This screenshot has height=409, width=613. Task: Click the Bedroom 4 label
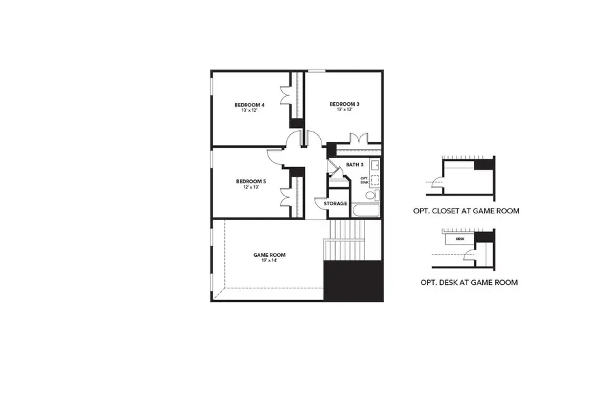249,104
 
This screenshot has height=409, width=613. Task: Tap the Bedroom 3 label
344,104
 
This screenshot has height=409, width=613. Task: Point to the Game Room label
270,255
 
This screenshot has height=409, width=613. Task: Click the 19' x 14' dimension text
270,261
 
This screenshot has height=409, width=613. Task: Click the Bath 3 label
355,165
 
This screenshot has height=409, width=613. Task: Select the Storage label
335,204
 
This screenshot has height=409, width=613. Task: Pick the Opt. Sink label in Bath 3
364,180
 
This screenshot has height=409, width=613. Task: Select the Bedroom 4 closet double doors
287,102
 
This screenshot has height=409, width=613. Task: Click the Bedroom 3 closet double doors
358,138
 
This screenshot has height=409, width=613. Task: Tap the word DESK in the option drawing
460,239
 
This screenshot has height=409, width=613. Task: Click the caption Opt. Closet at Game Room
466,211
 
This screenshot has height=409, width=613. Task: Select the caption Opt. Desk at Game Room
469,282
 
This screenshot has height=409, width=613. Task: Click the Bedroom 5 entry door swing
274,157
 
